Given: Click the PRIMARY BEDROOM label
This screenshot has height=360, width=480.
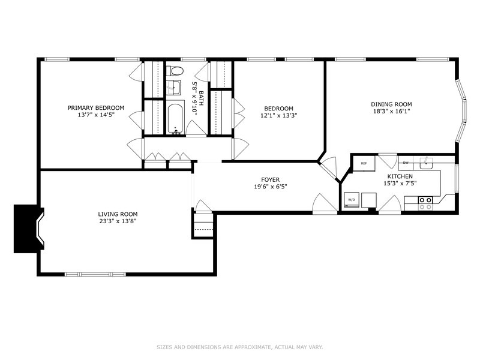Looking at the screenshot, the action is click(x=96, y=108).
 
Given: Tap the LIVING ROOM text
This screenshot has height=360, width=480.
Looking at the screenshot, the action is click(x=118, y=214).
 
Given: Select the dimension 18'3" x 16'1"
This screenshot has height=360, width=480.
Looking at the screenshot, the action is click(x=391, y=112).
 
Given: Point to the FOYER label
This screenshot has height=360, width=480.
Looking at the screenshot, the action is click(x=271, y=179).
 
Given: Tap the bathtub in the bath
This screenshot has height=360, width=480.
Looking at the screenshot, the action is click(x=175, y=118).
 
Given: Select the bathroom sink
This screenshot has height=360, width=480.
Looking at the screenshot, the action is click(x=174, y=87).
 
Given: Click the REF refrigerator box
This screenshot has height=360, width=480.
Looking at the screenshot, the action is click(x=364, y=163).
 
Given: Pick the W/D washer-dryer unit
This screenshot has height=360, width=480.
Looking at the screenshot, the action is click(x=351, y=200).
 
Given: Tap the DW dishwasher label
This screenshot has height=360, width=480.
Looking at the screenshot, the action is click(x=406, y=163).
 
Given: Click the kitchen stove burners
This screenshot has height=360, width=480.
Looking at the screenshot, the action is click(x=425, y=203).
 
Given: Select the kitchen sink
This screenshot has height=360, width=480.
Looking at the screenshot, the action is click(x=426, y=163).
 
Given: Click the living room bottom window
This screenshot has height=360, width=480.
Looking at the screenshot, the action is click(x=95, y=274).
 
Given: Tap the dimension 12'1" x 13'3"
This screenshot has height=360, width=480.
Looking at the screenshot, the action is click(x=279, y=116).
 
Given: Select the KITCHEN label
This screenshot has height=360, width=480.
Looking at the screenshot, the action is click(x=400, y=176).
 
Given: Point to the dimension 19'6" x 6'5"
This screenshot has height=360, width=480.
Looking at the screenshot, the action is click(x=271, y=187).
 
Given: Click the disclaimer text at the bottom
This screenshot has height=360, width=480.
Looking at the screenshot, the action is click(x=239, y=347).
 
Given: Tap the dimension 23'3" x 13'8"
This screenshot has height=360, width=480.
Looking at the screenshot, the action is click(x=118, y=221).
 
